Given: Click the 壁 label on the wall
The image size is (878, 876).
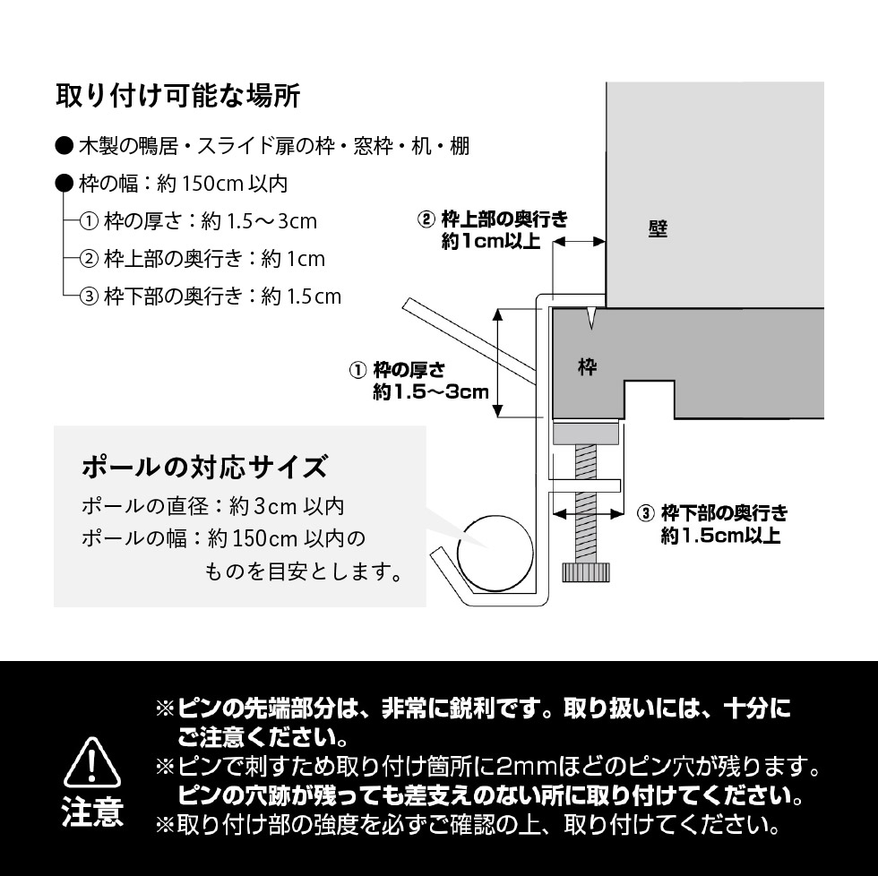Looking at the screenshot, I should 658,229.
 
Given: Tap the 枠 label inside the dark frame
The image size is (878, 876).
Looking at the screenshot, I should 588,367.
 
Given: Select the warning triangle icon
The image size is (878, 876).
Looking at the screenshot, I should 93,763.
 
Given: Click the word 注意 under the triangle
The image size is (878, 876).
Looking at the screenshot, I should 92,812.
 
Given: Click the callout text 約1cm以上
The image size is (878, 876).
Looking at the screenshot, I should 491,243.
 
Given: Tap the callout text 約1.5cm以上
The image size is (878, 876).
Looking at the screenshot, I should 720,537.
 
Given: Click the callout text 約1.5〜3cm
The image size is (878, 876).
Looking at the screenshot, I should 430,391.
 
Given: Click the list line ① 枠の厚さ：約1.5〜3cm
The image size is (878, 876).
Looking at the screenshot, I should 198,221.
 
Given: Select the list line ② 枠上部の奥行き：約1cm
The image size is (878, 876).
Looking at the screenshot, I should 202,259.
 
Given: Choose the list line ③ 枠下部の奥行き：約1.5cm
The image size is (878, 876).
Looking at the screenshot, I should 211,296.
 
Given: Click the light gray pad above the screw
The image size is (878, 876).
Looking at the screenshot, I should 587,434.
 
